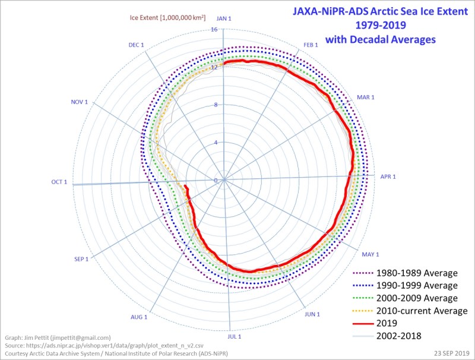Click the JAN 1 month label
click(223, 19)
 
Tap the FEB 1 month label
click(311, 45)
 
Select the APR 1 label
click(388, 176)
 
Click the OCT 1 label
click(59, 182)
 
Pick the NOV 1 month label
click(79, 102)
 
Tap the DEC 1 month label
click(137, 45)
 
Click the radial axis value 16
click(214, 30)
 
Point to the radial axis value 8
click(216, 105)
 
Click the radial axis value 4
click(216, 143)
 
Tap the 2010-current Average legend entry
click(422, 311)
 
